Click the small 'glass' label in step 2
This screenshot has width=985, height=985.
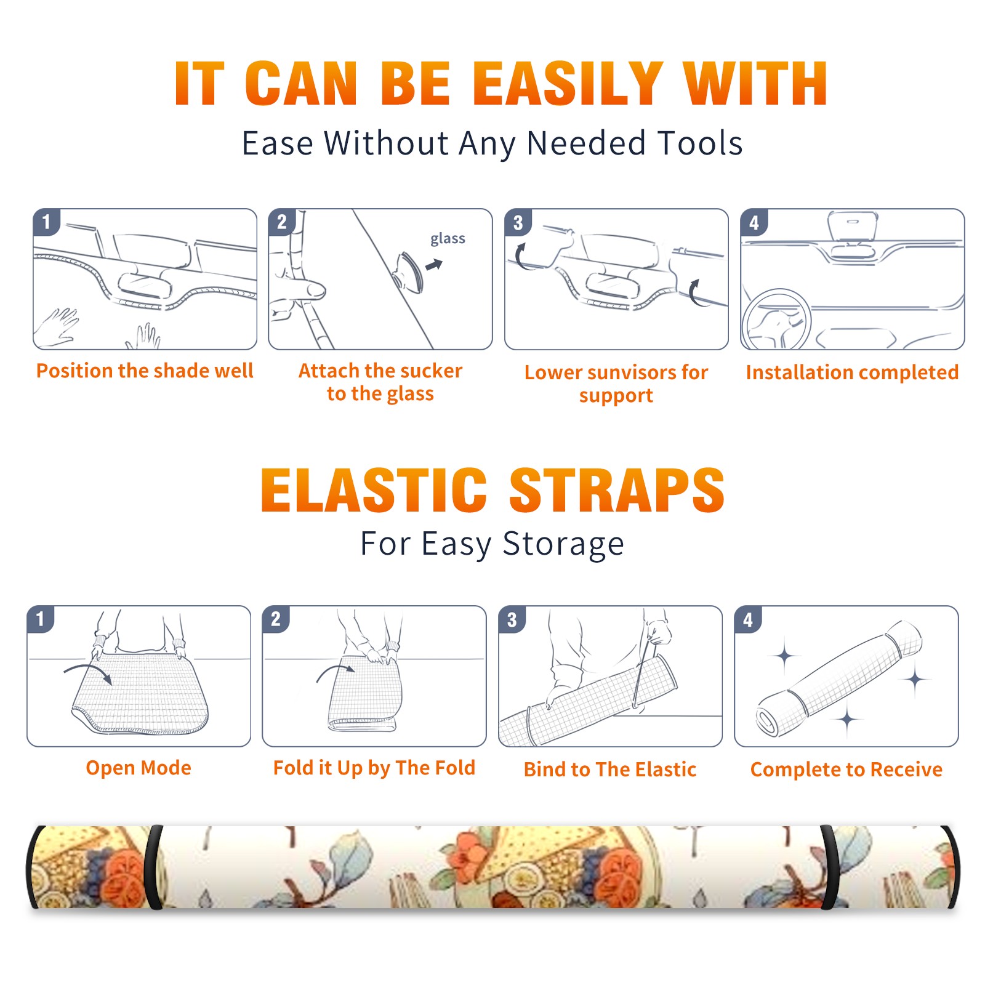tap(448, 238)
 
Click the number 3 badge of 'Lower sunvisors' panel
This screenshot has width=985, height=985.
tap(517, 222)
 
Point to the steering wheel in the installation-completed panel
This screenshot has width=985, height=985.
tap(776, 320)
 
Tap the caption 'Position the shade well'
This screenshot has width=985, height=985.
tap(145, 371)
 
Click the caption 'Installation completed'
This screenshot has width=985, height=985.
tap(852, 372)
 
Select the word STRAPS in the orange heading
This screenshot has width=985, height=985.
tap(617, 490)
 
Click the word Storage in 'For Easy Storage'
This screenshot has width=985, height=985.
tap(563, 544)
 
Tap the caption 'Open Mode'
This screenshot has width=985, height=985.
tap(139, 768)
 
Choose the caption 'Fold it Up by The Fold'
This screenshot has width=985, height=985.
tap(374, 768)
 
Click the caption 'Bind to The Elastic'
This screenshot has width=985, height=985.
tap(610, 770)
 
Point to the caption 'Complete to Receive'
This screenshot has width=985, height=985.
tap(846, 770)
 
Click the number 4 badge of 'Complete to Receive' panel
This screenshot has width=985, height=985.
tap(747, 619)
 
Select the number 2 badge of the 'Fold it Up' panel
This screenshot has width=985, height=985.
tap(276, 619)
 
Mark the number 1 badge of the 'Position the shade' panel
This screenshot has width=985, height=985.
tap(46, 222)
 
